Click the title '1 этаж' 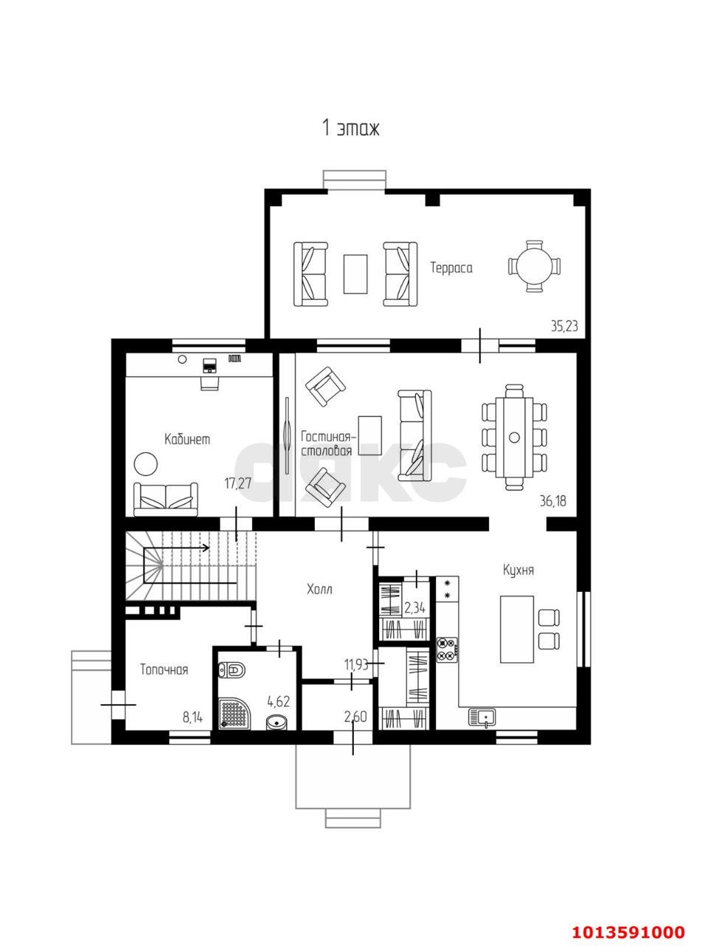(x=350, y=128)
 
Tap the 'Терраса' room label (x=451, y=268)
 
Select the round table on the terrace (x=534, y=267)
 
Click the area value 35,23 (x=565, y=326)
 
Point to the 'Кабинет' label (x=187, y=439)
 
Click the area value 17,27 (x=237, y=483)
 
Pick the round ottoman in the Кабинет (x=146, y=463)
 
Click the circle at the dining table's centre (x=514, y=437)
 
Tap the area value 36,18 (x=553, y=501)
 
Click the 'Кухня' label (x=518, y=571)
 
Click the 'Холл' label (x=319, y=590)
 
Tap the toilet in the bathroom (x=231, y=670)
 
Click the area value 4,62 (x=279, y=701)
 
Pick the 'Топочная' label (x=164, y=670)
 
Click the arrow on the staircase (x=177, y=548)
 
